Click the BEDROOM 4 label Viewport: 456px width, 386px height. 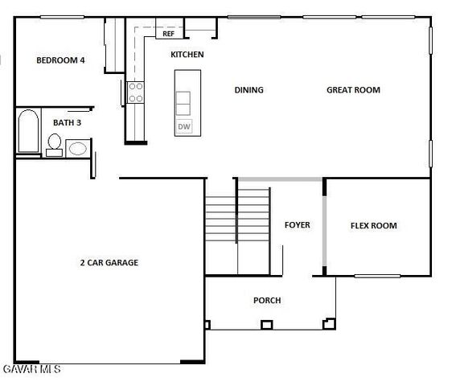click(x=60, y=60)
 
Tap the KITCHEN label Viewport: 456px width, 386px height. click(x=187, y=55)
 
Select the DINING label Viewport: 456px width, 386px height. click(x=249, y=90)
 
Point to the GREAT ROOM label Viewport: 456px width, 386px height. click(x=353, y=90)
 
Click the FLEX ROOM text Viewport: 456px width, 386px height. click(x=373, y=226)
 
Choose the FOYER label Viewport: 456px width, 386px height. click(x=297, y=225)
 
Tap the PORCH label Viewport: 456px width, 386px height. click(x=267, y=301)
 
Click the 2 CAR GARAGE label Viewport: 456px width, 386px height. click(x=109, y=262)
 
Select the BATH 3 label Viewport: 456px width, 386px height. click(x=67, y=122)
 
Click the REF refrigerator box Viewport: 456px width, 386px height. click(x=168, y=34)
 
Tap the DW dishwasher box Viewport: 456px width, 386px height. click(x=183, y=127)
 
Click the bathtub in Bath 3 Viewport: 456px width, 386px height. click(x=27, y=132)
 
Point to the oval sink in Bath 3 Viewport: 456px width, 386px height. click(x=78, y=148)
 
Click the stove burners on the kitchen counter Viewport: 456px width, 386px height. click(x=136, y=92)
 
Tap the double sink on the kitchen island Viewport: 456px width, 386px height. click(x=183, y=104)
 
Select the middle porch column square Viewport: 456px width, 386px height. click(x=266, y=326)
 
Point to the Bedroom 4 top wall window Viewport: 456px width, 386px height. click(x=62, y=17)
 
